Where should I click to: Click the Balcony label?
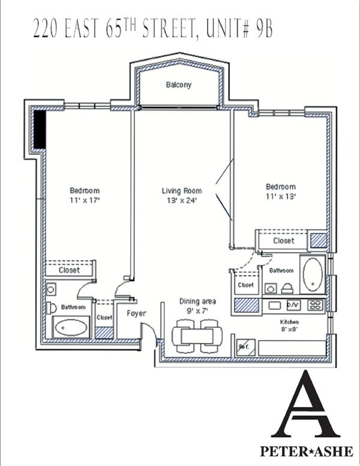[x=179, y=85]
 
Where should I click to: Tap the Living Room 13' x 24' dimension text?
[x=182, y=201]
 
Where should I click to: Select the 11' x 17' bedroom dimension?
[x=85, y=200]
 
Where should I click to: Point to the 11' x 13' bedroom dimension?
[x=281, y=196]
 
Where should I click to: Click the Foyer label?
[x=136, y=313]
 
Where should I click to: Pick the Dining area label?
[x=197, y=301]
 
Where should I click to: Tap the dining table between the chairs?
[x=197, y=336]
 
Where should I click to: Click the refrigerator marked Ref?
[x=246, y=347]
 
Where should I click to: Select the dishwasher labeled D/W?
[x=294, y=305]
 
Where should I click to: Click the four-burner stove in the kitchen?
[x=316, y=305]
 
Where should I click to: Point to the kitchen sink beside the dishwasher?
[x=274, y=305]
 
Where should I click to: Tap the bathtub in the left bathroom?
[x=71, y=328]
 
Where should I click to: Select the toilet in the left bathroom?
[x=51, y=308]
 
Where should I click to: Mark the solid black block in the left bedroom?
[x=39, y=129]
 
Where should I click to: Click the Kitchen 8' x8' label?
[x=290, y=325]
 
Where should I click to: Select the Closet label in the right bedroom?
[x=284, y=240]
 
